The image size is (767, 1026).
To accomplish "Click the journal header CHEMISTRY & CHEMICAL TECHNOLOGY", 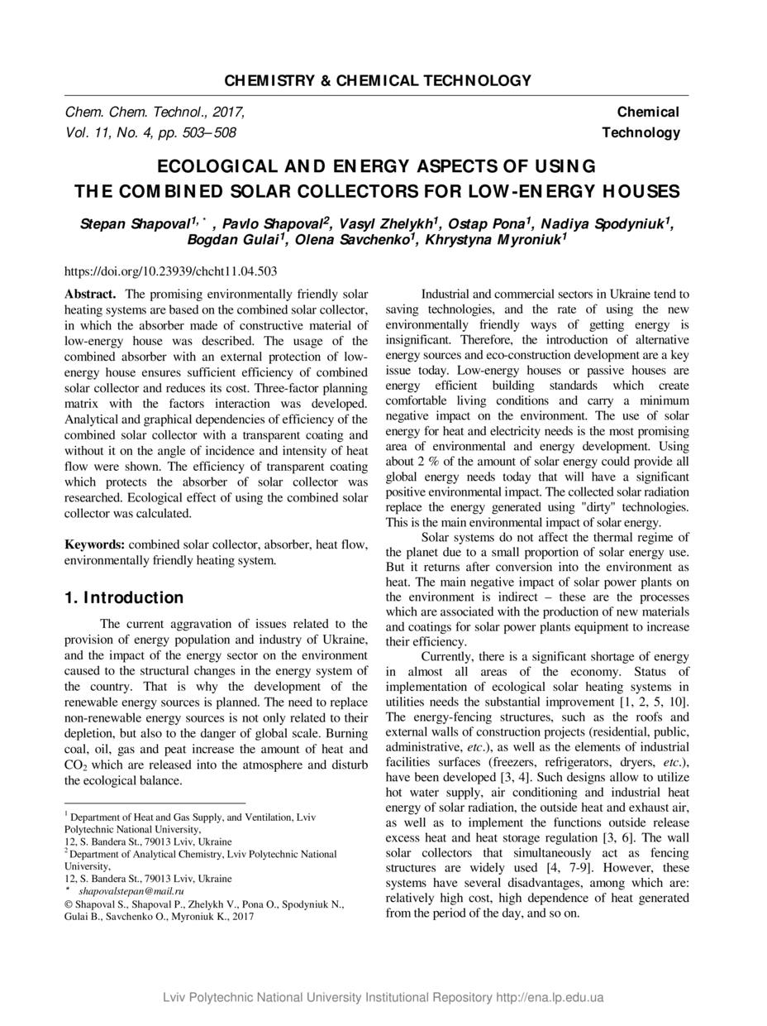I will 377,80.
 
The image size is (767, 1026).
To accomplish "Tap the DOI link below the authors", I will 170,271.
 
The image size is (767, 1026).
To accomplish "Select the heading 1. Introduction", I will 124,597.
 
